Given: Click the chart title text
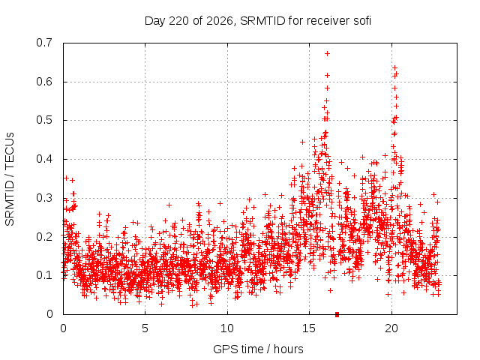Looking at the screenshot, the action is (x=258, y=21).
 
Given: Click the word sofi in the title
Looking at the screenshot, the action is (x=362, y=21).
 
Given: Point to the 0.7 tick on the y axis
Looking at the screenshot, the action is (x=44, y=43).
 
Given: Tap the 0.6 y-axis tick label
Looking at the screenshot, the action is (x=44, y=82).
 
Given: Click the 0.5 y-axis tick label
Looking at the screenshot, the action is (x=44, y=120).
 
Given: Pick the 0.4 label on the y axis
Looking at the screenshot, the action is (x=44, y=159).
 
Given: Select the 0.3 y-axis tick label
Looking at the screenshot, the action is (x=44, y=198).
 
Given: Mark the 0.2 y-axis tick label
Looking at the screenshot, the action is (x=44, y=237).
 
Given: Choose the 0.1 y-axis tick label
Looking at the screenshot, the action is (x=44, y=275).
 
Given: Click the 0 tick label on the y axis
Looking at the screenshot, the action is (x=50, y=314).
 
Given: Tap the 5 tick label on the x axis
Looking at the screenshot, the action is (x=145, y=328).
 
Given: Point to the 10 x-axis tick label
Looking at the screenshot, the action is (x=227, y=328).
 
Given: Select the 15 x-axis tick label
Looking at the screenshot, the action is (x=309, y=328).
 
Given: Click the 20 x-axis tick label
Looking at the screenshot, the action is (x=391, y=328).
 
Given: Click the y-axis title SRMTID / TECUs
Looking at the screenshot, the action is (x=10, y=179).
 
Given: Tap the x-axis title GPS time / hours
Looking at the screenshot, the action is (x=258, y=349).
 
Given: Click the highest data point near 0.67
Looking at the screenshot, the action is (x=327, y=53).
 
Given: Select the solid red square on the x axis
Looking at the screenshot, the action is (x=337, y=314).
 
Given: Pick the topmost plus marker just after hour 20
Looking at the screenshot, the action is (x=395, y=67).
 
